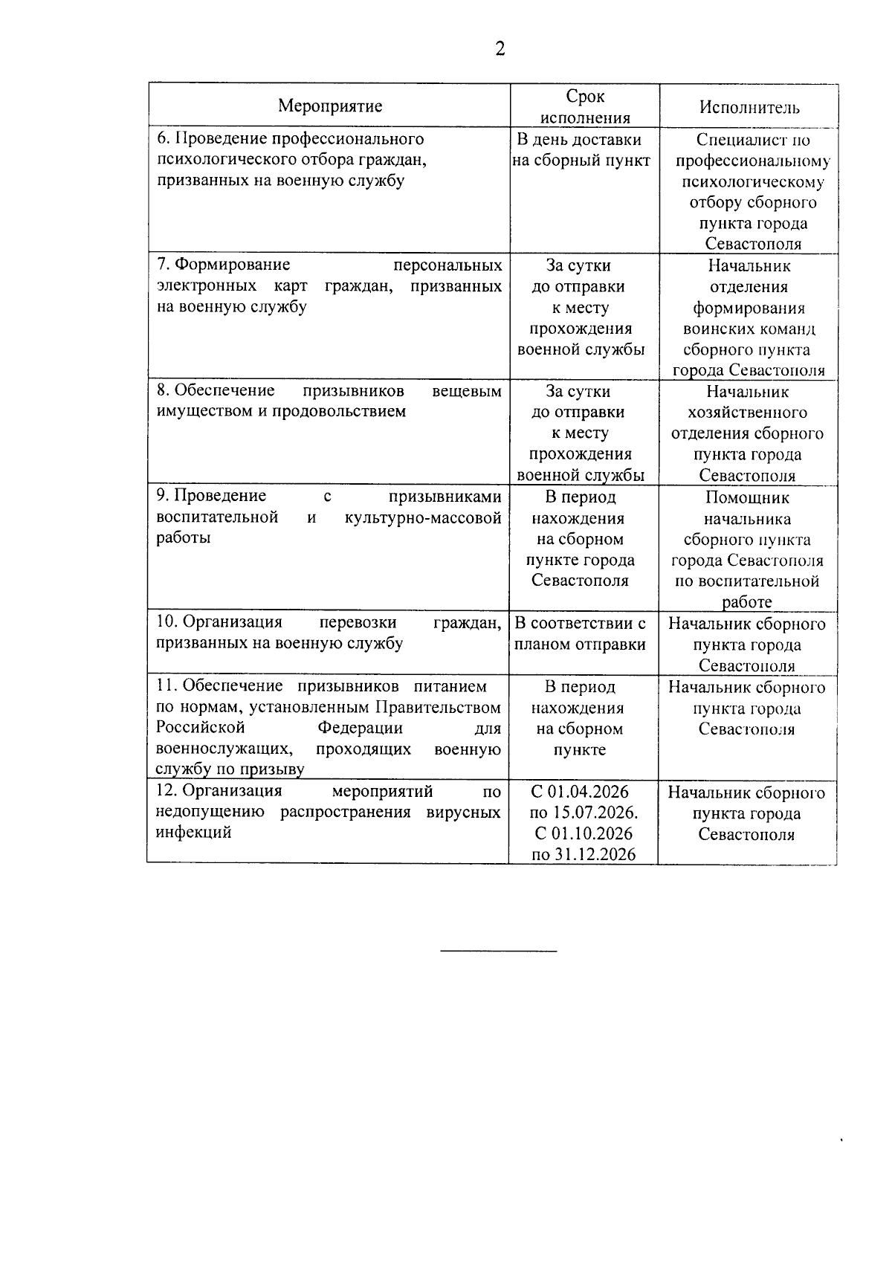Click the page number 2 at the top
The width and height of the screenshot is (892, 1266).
pyautogui.click(x=500, y=50)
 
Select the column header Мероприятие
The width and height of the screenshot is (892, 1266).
pyautogui.click(x=330, y=106)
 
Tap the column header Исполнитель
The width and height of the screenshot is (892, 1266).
pyautogui.click(x=749, y=107)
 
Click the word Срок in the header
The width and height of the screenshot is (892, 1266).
pyautogui.click(x=585, y=96)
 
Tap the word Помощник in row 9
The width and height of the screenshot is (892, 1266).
pyautogui.click(x=747, y=498)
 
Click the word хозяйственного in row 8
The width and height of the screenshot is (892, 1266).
pyautogui.click(x=748, y=413)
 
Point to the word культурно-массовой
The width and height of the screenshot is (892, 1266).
pyautogui.click(x=423, y=517)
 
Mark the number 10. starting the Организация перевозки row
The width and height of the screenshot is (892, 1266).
pyautogui.click(x=167, y=622)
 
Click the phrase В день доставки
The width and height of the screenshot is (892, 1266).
pyautogui.click(x=579, y=140)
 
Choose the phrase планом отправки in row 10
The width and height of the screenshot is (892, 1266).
pyautogui.click(x=580, y=645)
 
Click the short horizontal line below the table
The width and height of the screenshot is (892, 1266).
pyautogui.click(x=498, y=950)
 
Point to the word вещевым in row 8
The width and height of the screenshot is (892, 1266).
pyautogui.click(x=466, y=391)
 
